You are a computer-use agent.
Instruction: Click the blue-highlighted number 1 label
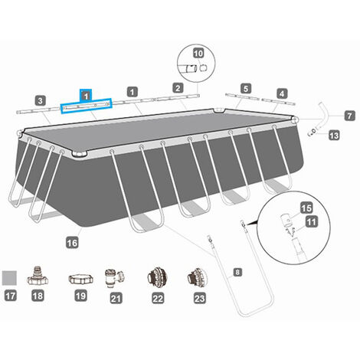86,97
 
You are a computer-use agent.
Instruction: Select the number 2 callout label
178,88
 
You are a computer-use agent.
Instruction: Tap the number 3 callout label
41,100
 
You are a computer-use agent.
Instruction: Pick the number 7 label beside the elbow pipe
349,116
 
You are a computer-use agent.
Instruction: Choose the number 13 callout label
334,136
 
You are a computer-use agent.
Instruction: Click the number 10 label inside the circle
198,54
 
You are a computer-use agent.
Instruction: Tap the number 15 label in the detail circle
306,208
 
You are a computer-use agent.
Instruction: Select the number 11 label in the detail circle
311,221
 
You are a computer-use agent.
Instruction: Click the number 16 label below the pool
72,242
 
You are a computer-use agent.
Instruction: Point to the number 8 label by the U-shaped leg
237,272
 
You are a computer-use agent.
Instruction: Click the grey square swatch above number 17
9,278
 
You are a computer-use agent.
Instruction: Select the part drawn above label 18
38,277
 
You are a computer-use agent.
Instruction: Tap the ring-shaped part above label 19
80,279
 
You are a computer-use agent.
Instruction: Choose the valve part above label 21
114,278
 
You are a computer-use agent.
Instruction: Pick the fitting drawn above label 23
198,277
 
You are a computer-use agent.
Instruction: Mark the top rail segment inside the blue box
86,106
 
